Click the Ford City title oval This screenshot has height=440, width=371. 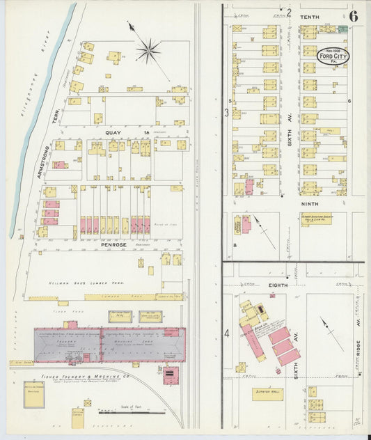333,55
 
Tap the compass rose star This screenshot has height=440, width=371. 147,49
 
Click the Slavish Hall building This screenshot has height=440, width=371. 267,393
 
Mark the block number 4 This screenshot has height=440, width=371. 227,333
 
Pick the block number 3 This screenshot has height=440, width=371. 226,111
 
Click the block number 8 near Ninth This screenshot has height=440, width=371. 235,245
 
